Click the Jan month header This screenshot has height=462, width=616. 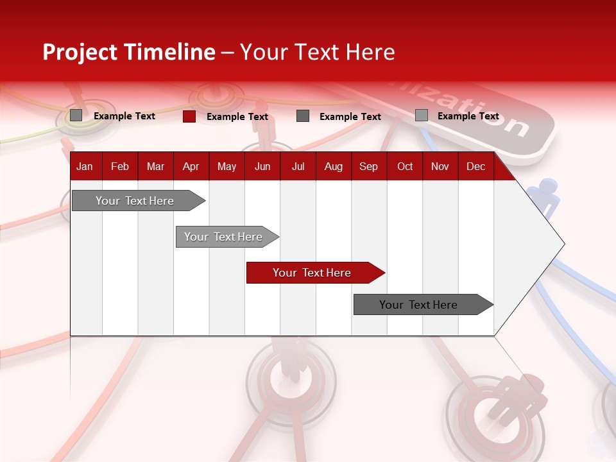(85, 167)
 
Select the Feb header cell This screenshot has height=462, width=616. (120, 167)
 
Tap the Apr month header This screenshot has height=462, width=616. (191, 167)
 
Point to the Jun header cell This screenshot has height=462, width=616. (262, 167)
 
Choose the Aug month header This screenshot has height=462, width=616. (333, 167)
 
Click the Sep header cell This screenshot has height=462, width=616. (368, 167)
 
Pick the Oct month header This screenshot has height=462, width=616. (405, 167)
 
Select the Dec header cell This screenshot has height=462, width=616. (475, 167)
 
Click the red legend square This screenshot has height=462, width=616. (189, 116)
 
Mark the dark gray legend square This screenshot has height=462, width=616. (303, 116)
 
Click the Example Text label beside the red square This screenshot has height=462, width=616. (237, 117)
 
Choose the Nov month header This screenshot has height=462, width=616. (440, 167)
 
